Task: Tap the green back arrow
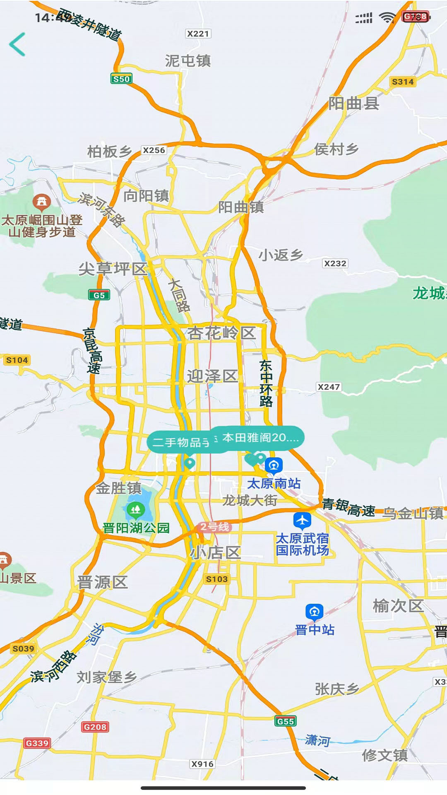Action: coord(17,44)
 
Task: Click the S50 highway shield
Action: coord(121,79)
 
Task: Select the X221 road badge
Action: coord(198,34)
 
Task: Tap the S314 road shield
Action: coord(402,82)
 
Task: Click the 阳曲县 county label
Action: coord(354,104)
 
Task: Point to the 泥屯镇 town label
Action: coord(188,61)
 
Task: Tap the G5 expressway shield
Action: coord(99,295)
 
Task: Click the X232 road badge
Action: coord(335,263)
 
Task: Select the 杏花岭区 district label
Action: coord(221,333)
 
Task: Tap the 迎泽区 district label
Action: coord(212,376)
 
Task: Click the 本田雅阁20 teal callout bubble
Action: coord(260,438)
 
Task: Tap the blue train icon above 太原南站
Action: coord(273,465)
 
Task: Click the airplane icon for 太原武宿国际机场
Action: coord(302,520)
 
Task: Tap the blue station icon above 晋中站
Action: coord(314,612)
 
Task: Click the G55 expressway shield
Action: coord(286,721)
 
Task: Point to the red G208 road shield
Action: coord(95,727)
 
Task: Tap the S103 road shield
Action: coord(217,579)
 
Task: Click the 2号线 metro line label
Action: coord(214,527)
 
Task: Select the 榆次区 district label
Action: coord(398,606)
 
